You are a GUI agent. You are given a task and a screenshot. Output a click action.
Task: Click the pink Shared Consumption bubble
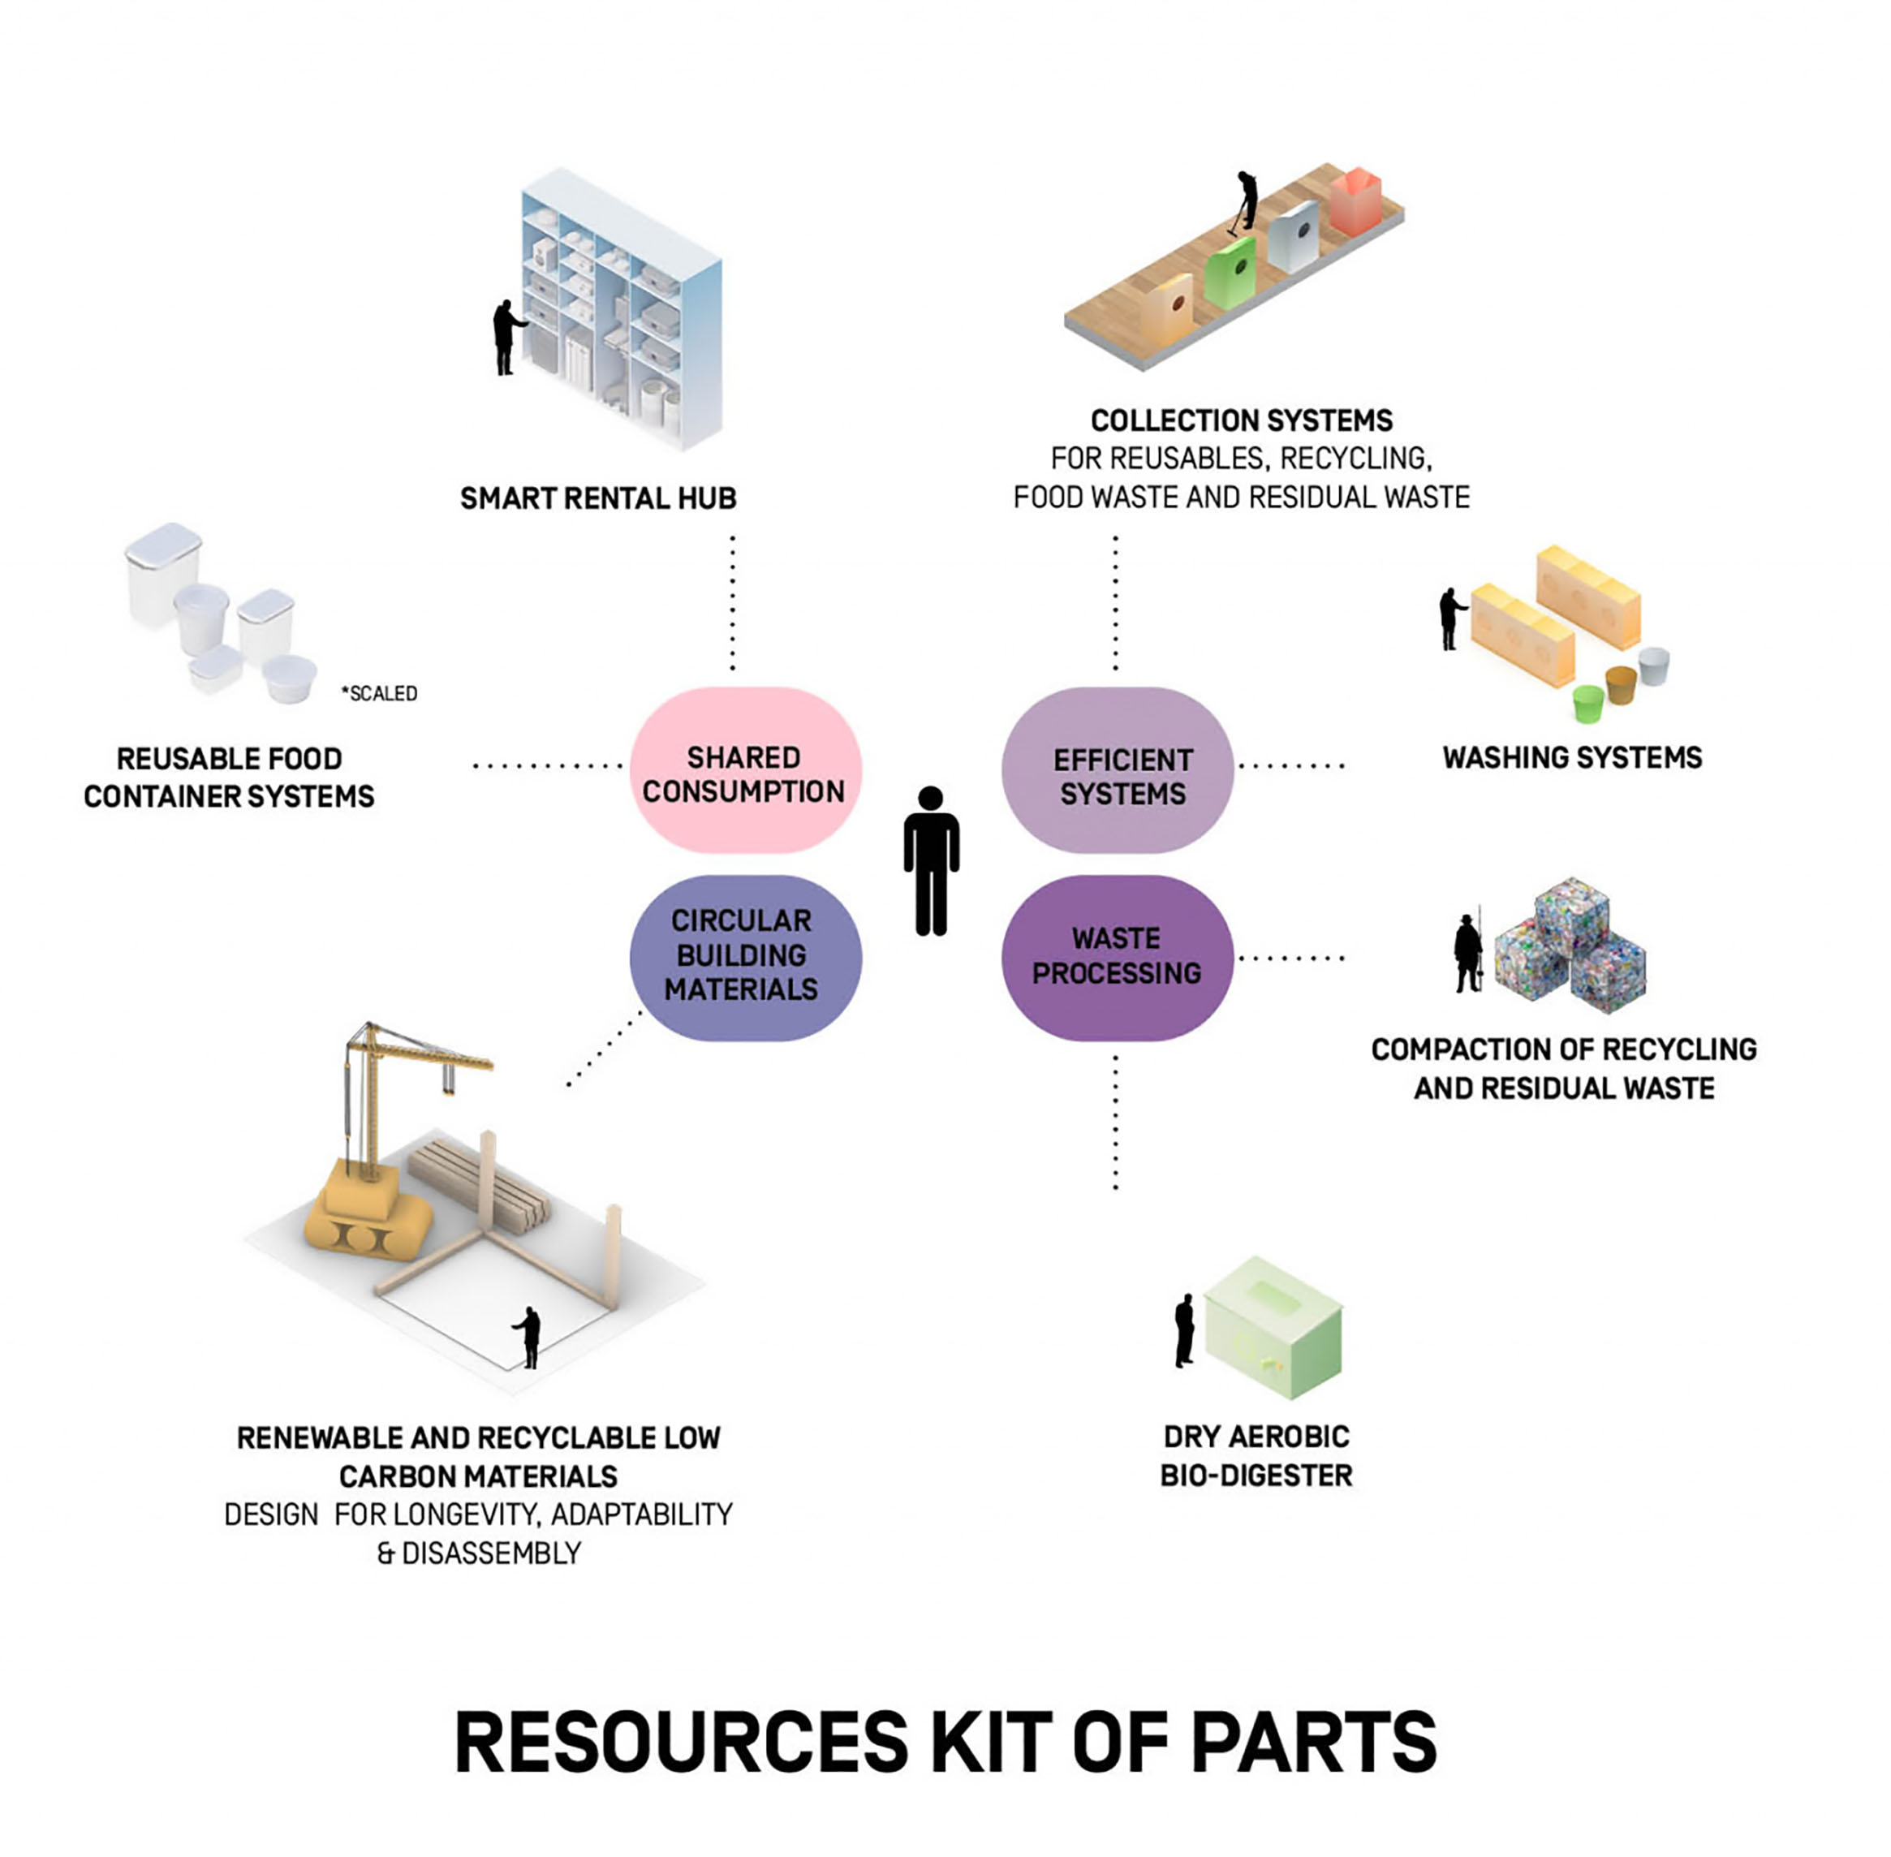pyautogui.click(x=744, y=770)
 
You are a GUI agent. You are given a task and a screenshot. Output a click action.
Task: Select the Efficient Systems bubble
pyautogui.click(x=1118, y=770)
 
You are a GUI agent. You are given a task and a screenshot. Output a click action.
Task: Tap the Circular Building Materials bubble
pyautogui.click(x=744, y=957)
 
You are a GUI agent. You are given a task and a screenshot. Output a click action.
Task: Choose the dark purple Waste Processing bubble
pyautogui.click(x=1118, y=957)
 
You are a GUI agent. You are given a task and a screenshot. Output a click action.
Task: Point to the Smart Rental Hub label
pyautogui.click(x=598, y=498)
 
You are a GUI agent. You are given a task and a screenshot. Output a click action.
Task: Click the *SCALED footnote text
pyautogui.click(x=379, y=693)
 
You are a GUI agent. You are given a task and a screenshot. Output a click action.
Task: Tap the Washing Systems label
pyautogui.click(x=1572, y=758)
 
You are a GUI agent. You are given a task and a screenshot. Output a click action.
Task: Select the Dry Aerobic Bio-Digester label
pyautogui.click(x=1256, y=1455)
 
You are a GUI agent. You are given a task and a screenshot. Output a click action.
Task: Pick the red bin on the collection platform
pyautogui.click(x=1355, y=201)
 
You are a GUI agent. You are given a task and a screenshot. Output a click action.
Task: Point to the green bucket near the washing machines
pyautogui.click(x=1588, y=702)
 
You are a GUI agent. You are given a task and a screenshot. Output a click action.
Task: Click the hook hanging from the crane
pyautogui.click(x=449, y=1079)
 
